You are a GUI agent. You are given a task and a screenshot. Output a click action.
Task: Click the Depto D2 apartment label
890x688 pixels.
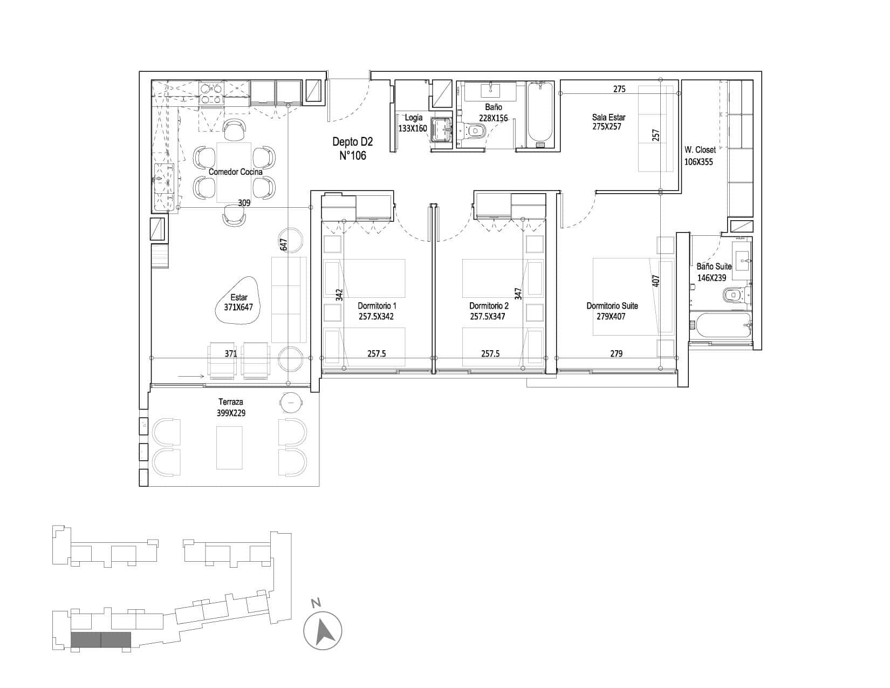tap(352, 142)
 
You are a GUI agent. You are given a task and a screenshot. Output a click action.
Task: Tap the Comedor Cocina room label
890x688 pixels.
tap(236, 172)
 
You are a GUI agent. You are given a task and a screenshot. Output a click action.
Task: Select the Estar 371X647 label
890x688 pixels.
tap(238, 302)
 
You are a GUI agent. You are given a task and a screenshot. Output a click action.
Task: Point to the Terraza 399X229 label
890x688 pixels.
tap(231, 408)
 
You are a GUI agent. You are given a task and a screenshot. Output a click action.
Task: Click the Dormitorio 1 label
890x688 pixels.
tap(377, 305)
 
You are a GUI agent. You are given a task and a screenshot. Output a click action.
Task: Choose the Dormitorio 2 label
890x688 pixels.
tap(489, 305)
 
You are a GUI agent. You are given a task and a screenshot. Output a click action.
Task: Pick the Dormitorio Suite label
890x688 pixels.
tap(612, 305)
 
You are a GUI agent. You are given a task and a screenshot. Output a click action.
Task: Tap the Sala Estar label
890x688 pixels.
tap(608, 117)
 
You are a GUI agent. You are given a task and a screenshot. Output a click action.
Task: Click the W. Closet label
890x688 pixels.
tap(700, 150)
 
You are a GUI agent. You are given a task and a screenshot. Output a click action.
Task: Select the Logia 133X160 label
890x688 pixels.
tap(413, 123)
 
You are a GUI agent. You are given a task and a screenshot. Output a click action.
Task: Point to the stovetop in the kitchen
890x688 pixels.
tap(212, 94)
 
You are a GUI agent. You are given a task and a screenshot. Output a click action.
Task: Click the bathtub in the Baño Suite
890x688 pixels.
tap(721, 325)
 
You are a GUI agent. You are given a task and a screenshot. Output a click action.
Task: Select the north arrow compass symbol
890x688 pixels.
tap(323, 631)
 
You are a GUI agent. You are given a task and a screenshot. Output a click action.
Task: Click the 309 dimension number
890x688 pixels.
tap(244, 203)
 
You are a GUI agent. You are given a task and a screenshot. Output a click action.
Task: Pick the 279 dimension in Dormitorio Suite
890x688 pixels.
tap(617, 353)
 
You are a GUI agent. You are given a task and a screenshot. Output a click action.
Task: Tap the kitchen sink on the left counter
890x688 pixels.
tap(164, 178)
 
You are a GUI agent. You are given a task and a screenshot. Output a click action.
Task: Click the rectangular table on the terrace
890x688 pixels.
tap(229, 447)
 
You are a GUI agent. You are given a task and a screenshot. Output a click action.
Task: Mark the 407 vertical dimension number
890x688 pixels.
tap(656, 281)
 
